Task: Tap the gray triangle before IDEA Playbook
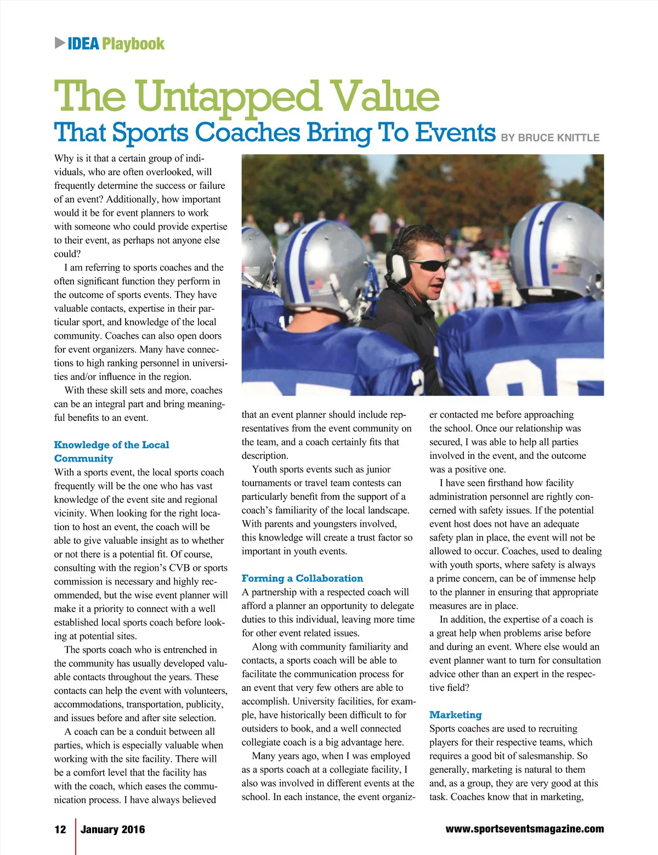pyautogui.click(x=60, y=43)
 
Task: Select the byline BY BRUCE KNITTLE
pyautogui.click(x=550, y=138)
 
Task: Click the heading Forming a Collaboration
pyautogui.click(x=302, y=578)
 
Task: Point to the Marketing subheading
pyautogui.click(x=455, y=715)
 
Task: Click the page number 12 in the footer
pyautogui.click(x=60, y=829)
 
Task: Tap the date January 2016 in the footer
pyautogui.click(x=113, y=829)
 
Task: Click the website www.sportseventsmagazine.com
pyautogui.click(x=525, y=829)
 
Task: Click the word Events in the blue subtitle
pyautogui.click(x=455, y=133)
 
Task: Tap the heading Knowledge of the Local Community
pyautogui.click(x=111, y=452)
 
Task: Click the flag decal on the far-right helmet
pyautogui.click(x=559, y=268)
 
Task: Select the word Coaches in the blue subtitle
pyautogui.click(x=247, y=133)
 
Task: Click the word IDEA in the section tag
pyautogui.click(x=83, y=44)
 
